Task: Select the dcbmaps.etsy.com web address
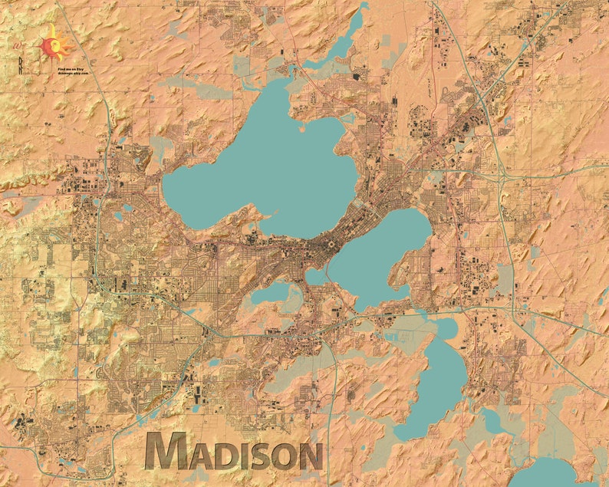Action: click(x=73, y=73)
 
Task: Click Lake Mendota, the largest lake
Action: click(x=261, y=169)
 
